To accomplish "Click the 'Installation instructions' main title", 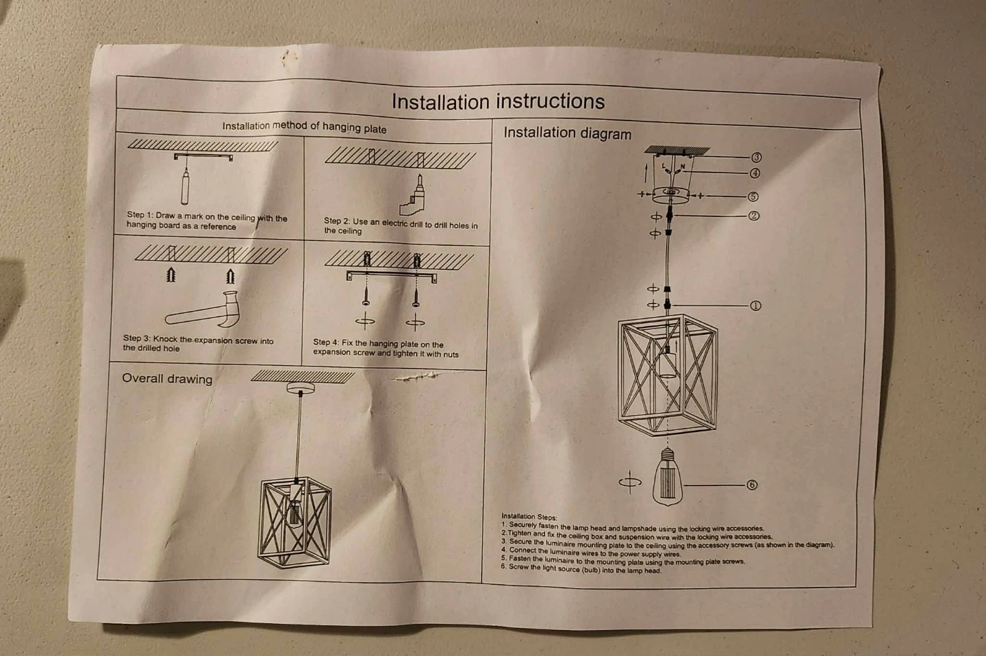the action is point(498,102).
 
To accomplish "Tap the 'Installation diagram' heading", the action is point(568,133).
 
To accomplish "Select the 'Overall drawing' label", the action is point(167,379).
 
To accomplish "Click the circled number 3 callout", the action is point(756,157).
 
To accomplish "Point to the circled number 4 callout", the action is point(755,173).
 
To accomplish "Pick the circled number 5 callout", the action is point(753,197).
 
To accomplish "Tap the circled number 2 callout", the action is point(754,216).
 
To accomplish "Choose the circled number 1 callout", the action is point(755,305).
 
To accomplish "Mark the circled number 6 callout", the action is point(752,485).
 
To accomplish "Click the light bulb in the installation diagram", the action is point(668,477).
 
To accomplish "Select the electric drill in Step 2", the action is point(412,195).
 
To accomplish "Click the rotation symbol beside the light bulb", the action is point(630,481).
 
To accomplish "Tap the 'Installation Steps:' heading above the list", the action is point(529,516).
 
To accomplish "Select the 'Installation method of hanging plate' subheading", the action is point(304,127).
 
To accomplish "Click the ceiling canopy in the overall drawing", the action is point(301,388).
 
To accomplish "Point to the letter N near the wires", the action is point(682,166).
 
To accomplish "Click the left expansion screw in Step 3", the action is point(171,275).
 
